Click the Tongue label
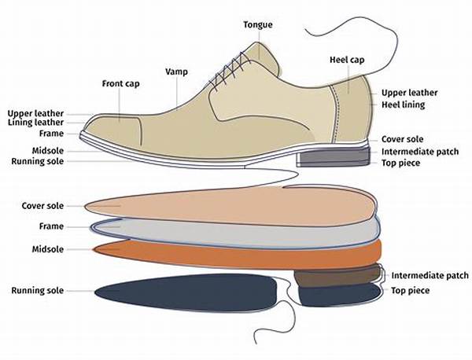[x=258, y=24]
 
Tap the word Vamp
[x=176, y=72]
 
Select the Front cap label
[x=120, y=83]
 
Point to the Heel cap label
[x=347, y=60]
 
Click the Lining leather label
[x=35, y=123]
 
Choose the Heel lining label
[x=403, y=105]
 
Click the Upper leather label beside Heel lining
[x=409, y=93]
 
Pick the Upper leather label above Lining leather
[x=35, y=114]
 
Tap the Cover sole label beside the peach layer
[x=42, y=206]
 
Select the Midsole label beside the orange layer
[x=48, y=249]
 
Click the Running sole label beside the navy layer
[x=38, y=291]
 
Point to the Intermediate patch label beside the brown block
[x=430, y=275]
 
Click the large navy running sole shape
[x=186, y=292]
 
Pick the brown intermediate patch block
[x=337, y=276]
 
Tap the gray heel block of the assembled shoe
[x=334, y=157]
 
